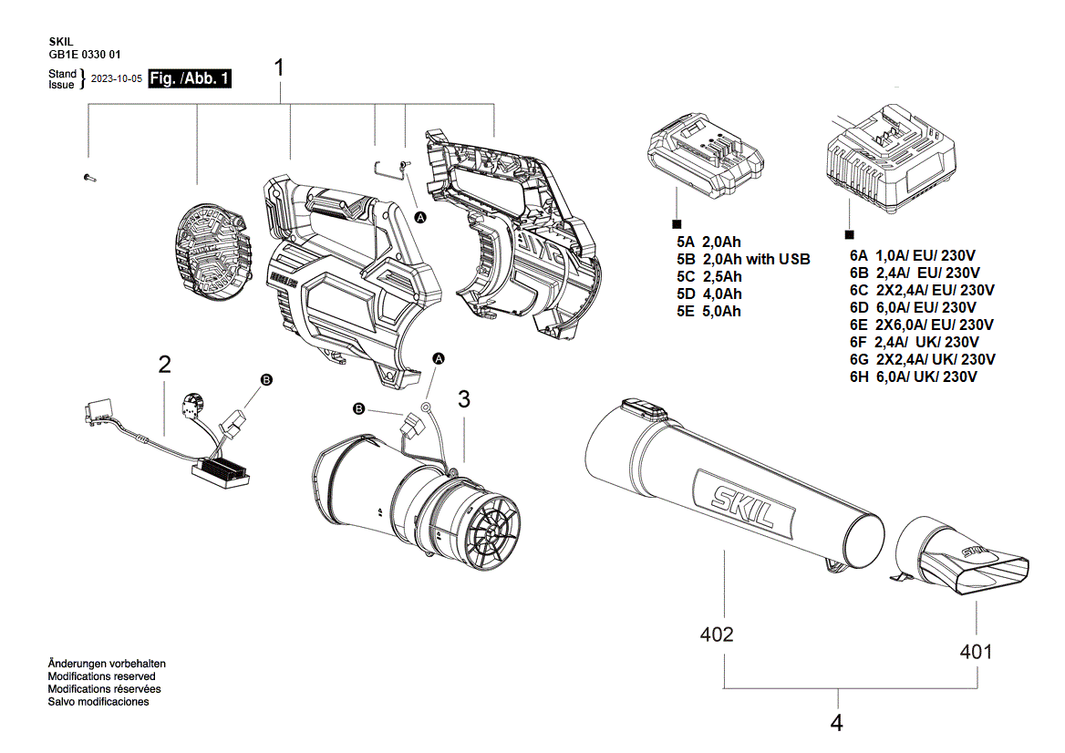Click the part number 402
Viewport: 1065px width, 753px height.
click(717, 634)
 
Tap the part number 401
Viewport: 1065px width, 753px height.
click(976, 652)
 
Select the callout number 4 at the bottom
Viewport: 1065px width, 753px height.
click(837, 724)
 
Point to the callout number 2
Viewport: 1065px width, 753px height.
click(164, 365)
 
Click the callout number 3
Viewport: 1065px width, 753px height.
click(464, 398)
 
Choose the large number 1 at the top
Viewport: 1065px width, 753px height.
click(280, 67)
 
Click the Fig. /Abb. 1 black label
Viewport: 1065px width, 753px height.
click(190, 78)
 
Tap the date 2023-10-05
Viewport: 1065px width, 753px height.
click(117, 79)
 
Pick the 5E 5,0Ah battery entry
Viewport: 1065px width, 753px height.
click(708, 311)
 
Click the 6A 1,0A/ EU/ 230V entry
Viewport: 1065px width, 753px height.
click(912, 256)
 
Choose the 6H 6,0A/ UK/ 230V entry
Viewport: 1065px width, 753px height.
click(913, 376)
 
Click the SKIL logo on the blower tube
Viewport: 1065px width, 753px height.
click(735, 500)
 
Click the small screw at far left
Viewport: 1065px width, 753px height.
click(88, 177)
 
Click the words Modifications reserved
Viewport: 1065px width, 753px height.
click(101, 676)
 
